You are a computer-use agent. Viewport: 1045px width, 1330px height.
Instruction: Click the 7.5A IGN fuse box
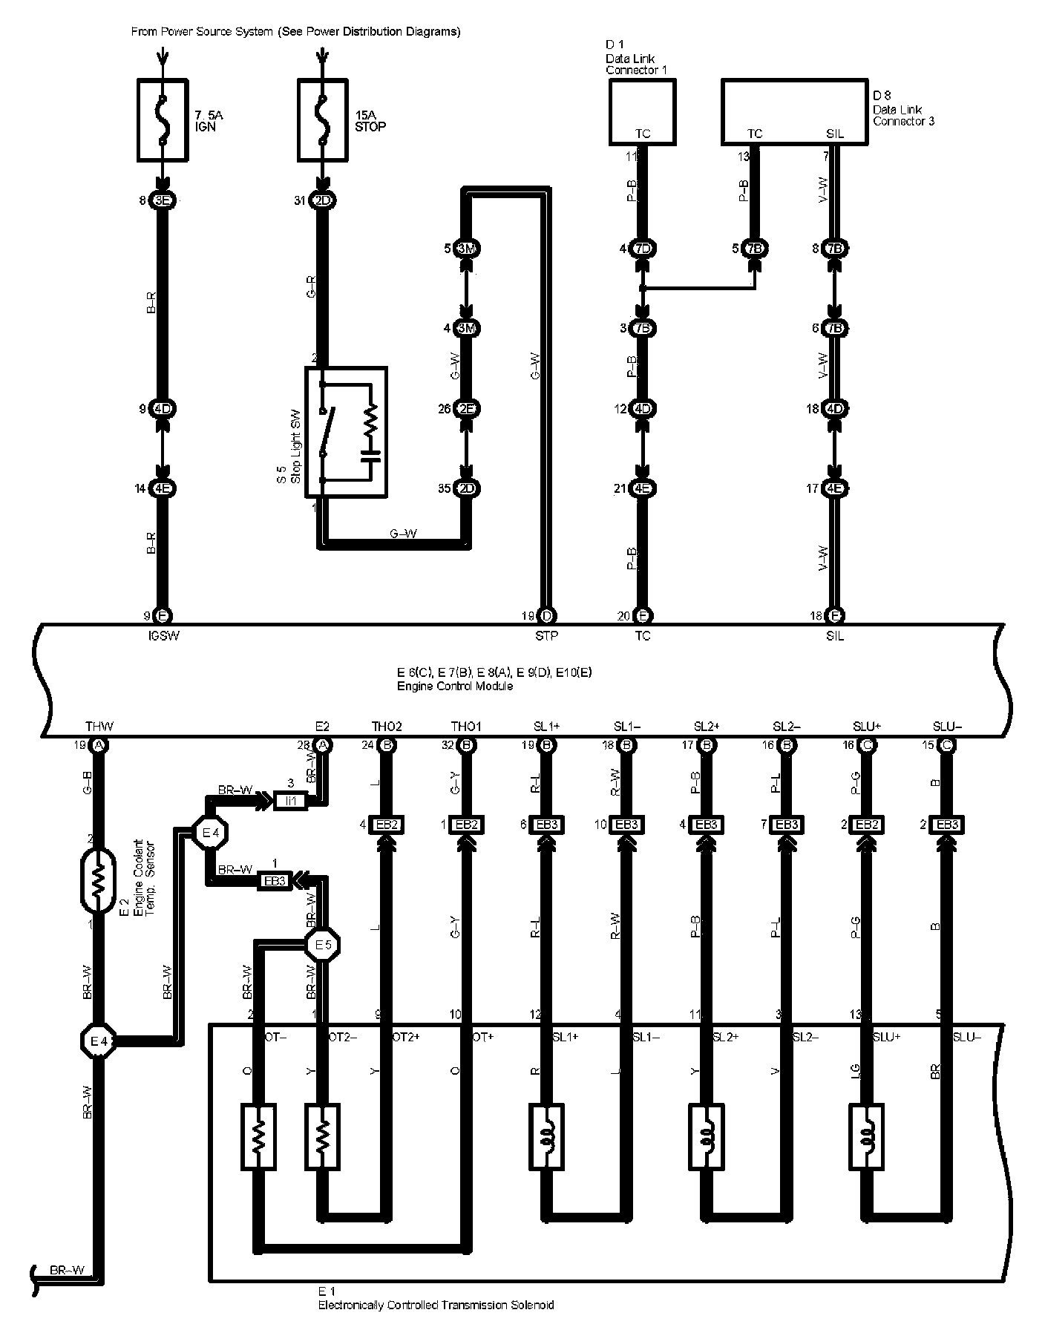tap(163, 120)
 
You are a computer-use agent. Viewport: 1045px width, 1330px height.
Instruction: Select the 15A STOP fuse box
tap(323, 120)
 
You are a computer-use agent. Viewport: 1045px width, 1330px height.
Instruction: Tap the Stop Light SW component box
tap(346, 432)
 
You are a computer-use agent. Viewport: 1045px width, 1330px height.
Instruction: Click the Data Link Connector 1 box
tap(642, 111)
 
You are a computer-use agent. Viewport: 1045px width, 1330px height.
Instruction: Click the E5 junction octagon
tap(323, 945)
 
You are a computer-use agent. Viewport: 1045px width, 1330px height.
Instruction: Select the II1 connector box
tap(290, 801)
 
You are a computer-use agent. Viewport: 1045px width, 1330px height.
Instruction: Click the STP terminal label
tap(546, 635)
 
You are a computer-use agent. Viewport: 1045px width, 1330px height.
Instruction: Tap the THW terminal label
tap(99, 727)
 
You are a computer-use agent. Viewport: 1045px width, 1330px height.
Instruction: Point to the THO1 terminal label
tap(466, 727)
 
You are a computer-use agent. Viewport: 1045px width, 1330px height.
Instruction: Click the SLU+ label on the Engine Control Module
tap(866, 727)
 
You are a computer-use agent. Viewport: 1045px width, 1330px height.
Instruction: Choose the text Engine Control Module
tap(454, 686)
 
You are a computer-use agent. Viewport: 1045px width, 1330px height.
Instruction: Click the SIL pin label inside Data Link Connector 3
tap(834, 134)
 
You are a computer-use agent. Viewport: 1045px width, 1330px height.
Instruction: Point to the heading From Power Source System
tap(295, 32)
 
